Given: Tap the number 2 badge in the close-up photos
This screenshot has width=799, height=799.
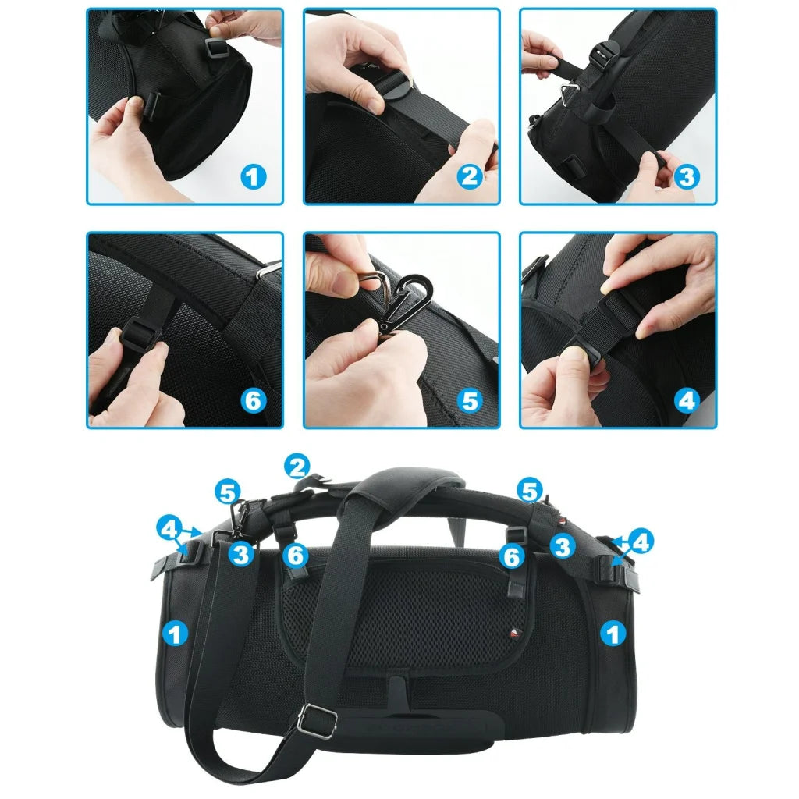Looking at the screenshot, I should (469, 177).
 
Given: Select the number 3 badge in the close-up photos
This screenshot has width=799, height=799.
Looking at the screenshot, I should (686, 177).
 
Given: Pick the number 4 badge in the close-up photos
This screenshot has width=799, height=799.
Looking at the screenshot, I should (686, 401).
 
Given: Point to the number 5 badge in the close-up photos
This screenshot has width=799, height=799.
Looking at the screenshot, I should (469, 401).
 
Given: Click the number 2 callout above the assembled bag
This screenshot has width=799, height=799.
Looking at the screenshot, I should (297, 467).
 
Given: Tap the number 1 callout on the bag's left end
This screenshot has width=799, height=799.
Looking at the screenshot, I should (176, 634).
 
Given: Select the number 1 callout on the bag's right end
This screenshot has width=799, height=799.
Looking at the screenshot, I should (614, 634).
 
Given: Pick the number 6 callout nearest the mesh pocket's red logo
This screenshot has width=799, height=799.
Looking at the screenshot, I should (511, 556).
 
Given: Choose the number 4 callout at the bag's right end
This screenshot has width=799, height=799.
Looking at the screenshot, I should (640, 542).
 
